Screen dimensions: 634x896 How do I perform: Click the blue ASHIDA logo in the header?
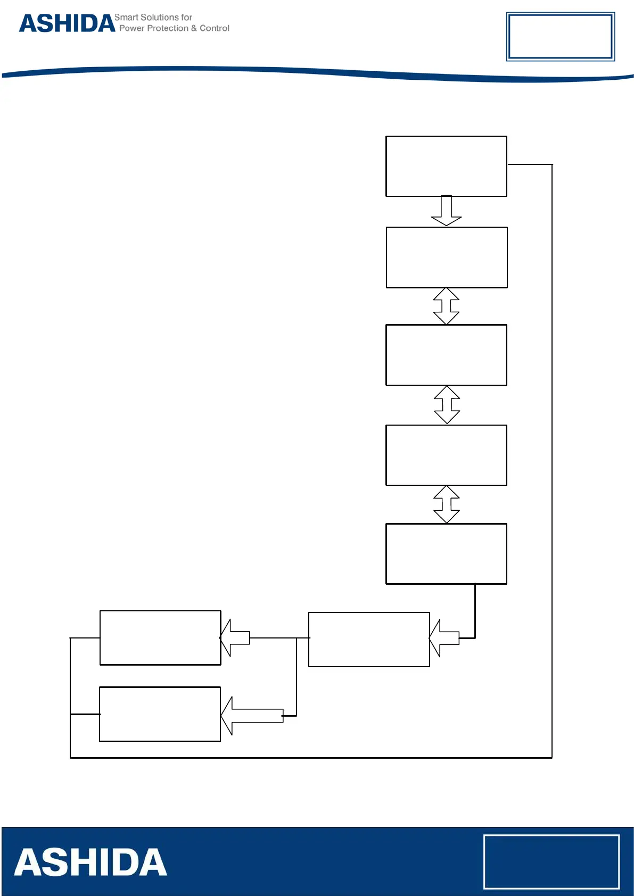click(67, 23)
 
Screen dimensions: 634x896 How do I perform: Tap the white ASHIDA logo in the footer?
click(90, 862)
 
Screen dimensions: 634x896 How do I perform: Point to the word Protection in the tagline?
click(168, 28)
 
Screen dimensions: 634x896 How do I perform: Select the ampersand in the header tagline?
click(194, 28)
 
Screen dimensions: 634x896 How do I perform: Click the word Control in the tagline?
click(215, 28)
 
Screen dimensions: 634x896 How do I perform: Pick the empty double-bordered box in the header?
click(560, 36)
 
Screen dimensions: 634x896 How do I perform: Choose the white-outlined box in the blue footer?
click(551, 861)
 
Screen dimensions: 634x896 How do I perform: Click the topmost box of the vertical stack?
click(446, 166)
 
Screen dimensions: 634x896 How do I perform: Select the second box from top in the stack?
click(446, 258)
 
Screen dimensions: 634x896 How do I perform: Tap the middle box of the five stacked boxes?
click(446, 355)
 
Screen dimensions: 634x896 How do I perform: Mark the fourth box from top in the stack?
click(446, 455)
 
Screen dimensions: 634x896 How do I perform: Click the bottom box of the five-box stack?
click(446, 554)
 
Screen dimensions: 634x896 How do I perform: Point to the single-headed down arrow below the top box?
click(446, 211)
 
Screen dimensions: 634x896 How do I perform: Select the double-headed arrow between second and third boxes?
click(446, 306)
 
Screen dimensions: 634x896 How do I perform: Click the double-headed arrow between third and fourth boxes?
click(447, 404)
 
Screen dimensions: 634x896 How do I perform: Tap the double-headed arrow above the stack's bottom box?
click(447, 504)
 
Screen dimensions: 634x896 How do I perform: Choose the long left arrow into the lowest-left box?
click(251, 716)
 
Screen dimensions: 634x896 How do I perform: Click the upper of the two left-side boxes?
click(160, 637)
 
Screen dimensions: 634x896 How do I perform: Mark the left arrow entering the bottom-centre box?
click(443, 638)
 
